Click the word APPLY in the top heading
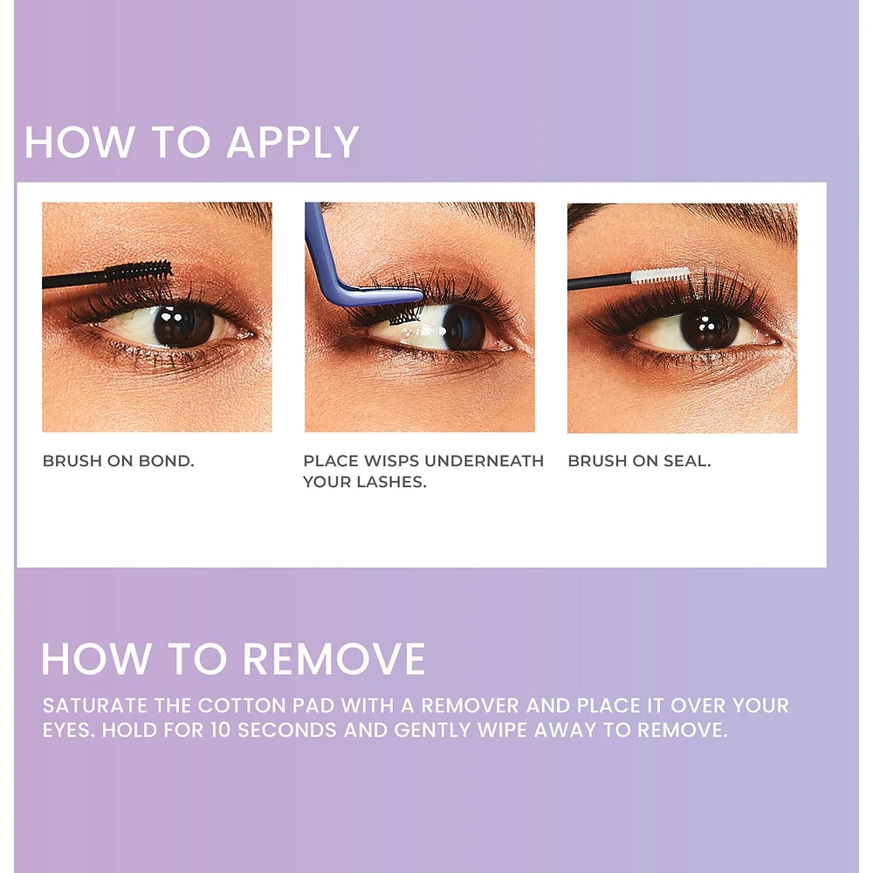(292, 142)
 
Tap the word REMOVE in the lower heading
(334, 659)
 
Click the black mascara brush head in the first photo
(139, 272)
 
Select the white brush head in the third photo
(660, 276)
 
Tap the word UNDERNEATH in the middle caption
(484, 461)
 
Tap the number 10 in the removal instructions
(221, 730)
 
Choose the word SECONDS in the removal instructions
(287, 730)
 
